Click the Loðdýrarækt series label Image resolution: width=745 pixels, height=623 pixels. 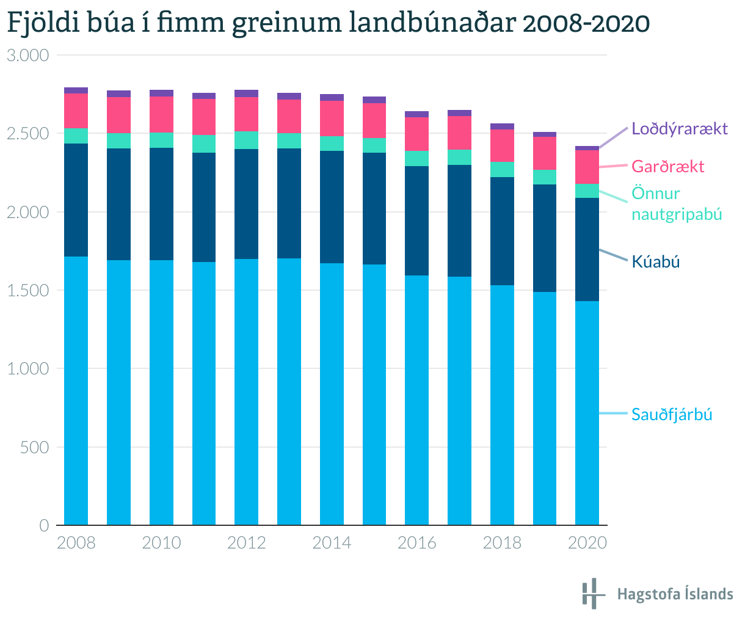tap(680, 129)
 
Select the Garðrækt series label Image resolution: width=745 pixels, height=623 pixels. tap(668, 167)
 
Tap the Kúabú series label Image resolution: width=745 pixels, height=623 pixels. tap(655, 262)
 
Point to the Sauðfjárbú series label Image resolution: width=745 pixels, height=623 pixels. tap(672, 415)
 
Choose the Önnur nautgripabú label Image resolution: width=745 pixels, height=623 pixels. tap(677, 204)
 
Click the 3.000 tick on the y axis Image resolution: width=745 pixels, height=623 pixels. tap(27, 56)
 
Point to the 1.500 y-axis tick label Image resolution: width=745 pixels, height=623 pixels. tap(27, 291)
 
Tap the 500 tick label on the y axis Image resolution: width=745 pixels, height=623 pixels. tap(35, 447)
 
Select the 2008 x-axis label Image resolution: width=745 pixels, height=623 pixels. tap(76, 543)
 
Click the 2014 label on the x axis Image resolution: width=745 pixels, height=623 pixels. tap(332, 543)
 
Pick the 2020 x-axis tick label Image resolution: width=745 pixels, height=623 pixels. tap(587, 543)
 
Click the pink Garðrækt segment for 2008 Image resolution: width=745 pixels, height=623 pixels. tap(76, 111)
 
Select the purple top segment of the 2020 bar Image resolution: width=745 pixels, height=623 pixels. tap(587, 148)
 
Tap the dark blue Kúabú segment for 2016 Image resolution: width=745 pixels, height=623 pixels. tap(416, 220)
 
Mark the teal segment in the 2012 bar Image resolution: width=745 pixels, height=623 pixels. tap(246, 140)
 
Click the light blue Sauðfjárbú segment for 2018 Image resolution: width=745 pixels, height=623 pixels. tap(502, 404)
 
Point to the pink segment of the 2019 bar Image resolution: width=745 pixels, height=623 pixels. tap(545, 153)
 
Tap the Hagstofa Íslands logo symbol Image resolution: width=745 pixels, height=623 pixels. tap(591, 594)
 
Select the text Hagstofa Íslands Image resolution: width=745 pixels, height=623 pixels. tap(675, 594)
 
